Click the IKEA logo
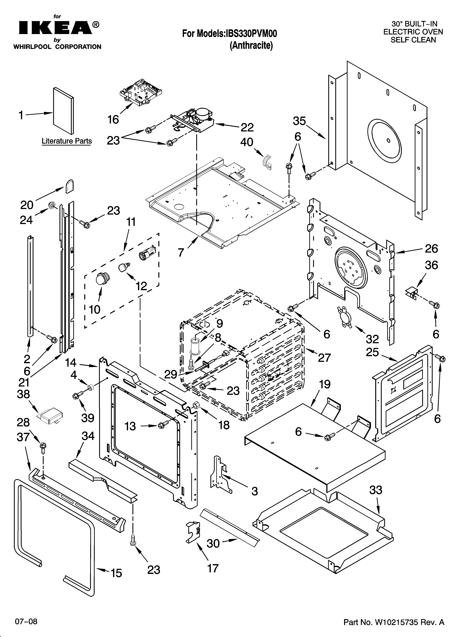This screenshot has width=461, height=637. click(x=56, y=28)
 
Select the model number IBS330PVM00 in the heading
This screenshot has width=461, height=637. click(x=251, y=34)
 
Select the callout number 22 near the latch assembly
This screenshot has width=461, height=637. click(x=247, y=127)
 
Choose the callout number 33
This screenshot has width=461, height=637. click(x=376, y=490)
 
